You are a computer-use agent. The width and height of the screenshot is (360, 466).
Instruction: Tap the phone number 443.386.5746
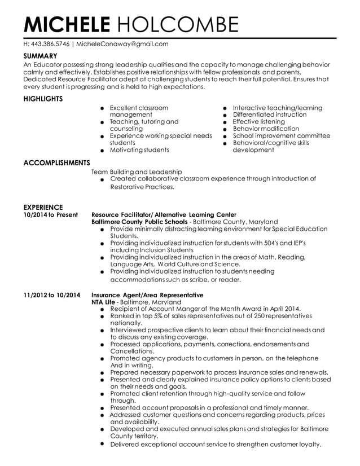pyautogui.click(x=50, y=43)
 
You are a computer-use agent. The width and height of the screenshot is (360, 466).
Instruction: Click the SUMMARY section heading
pyautogui.click(x=40, y=56)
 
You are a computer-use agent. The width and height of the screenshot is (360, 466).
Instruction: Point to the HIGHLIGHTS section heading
pyautogui.click(x=43, y=99)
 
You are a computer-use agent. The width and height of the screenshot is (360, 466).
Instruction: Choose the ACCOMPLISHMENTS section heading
pyautogui.click(x=57, y=163)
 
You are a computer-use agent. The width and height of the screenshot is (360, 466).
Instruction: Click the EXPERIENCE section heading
pyautogui.click(x=43, y=207)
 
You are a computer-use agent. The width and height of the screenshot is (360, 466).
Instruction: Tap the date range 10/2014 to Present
pyautogui.click(x=50, y=215)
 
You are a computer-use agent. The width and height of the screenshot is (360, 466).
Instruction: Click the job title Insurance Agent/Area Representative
pyautogui.click(x=147, y=295)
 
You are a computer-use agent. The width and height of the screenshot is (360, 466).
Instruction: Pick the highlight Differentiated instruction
pyautogui.click(x=270, y=115)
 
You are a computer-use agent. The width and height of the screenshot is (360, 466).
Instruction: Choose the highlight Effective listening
pyautogui.click(x=259, y=121)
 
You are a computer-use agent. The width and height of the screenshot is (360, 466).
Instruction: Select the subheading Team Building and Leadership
pyautogui.click(x=137, y=172)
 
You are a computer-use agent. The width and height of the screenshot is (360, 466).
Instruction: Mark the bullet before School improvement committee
pyautogui.click(x=225, y=137)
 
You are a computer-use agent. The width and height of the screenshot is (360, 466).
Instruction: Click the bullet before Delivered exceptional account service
pyautogui.click(x=102, y=444)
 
